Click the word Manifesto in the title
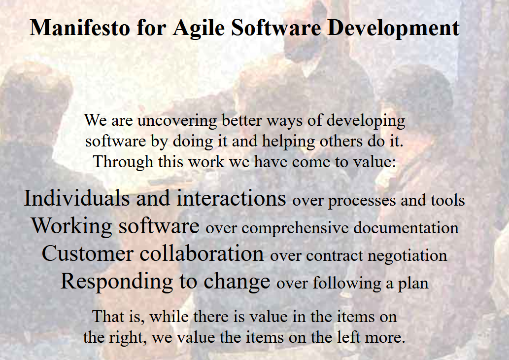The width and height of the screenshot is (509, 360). (x=80, y=27)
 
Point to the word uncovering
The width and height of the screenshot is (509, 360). (x=177, y=121)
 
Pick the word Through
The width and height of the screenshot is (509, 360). (x=123, y=162)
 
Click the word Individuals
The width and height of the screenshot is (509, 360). (x=77, y=198)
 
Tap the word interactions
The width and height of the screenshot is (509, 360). (x=231, y=198)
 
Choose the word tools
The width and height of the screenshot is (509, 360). (x=448, y=200)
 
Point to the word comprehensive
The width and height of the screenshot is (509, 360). (x=295, y=228)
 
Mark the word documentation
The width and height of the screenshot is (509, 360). (x=406, y=228)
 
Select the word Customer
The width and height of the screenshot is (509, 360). (x=88, y=253)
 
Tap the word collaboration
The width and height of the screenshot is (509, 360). (x=202, y=253)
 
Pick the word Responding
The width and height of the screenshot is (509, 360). (x=117, y=282)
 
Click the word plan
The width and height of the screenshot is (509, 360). (x=413, y=284)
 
